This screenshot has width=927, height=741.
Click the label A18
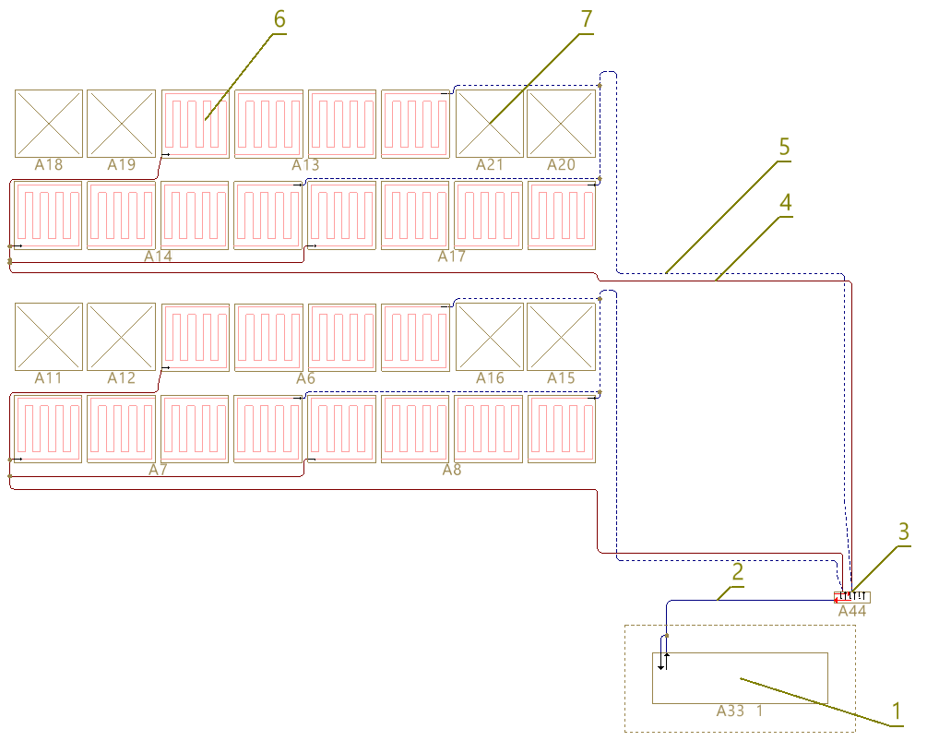click(49, 165)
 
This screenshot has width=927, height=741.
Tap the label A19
click(121, 165)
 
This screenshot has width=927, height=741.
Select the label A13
click(305, 165)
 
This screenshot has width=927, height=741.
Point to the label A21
click(490, 164)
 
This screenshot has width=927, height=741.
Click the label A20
click(561, 164)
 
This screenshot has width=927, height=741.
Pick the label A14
click(158, 257)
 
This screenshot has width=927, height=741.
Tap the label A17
click(452, 257)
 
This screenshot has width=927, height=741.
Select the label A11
click(49, 378)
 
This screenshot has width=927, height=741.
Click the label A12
click(121, 378)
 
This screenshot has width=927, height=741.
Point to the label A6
click(305, 378)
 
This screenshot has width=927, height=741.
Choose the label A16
click(490, 378)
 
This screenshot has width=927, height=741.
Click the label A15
click(561, 378)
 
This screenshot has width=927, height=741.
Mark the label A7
click(158, 470)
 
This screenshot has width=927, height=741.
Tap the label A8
click(452, 470)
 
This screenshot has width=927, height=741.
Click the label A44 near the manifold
click(852, 611)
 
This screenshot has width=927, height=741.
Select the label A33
click(731, 711)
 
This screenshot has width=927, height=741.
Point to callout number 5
click(784, 147)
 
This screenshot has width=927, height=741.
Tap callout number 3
click(904, 532)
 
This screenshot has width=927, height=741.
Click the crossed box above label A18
click(49, 123)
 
